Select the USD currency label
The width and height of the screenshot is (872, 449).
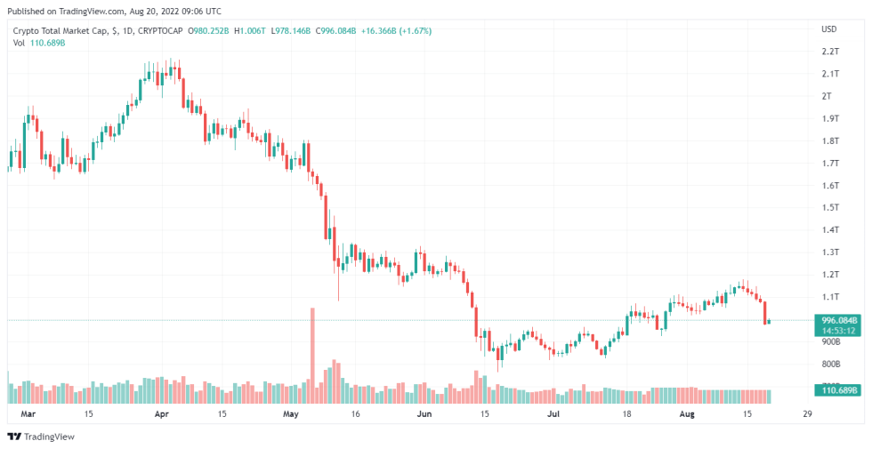tap(828, 29)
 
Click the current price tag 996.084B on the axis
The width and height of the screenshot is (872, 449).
tap(837, 320)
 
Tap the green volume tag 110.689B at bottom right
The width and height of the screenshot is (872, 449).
tap(837, 390)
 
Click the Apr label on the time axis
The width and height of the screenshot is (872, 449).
tap(162, 414)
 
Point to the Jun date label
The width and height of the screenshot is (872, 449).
tap(424, 414)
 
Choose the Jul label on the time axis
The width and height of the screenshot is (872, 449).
tap(553, 414)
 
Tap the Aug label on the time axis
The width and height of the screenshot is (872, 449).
tap(686, 414)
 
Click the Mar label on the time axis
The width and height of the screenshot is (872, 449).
tap(28, 414)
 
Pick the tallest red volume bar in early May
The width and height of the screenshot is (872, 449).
tap(312, 356)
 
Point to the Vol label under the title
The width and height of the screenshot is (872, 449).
tap(19, 43)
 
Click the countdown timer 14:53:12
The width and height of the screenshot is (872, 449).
tap(837, 331)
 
